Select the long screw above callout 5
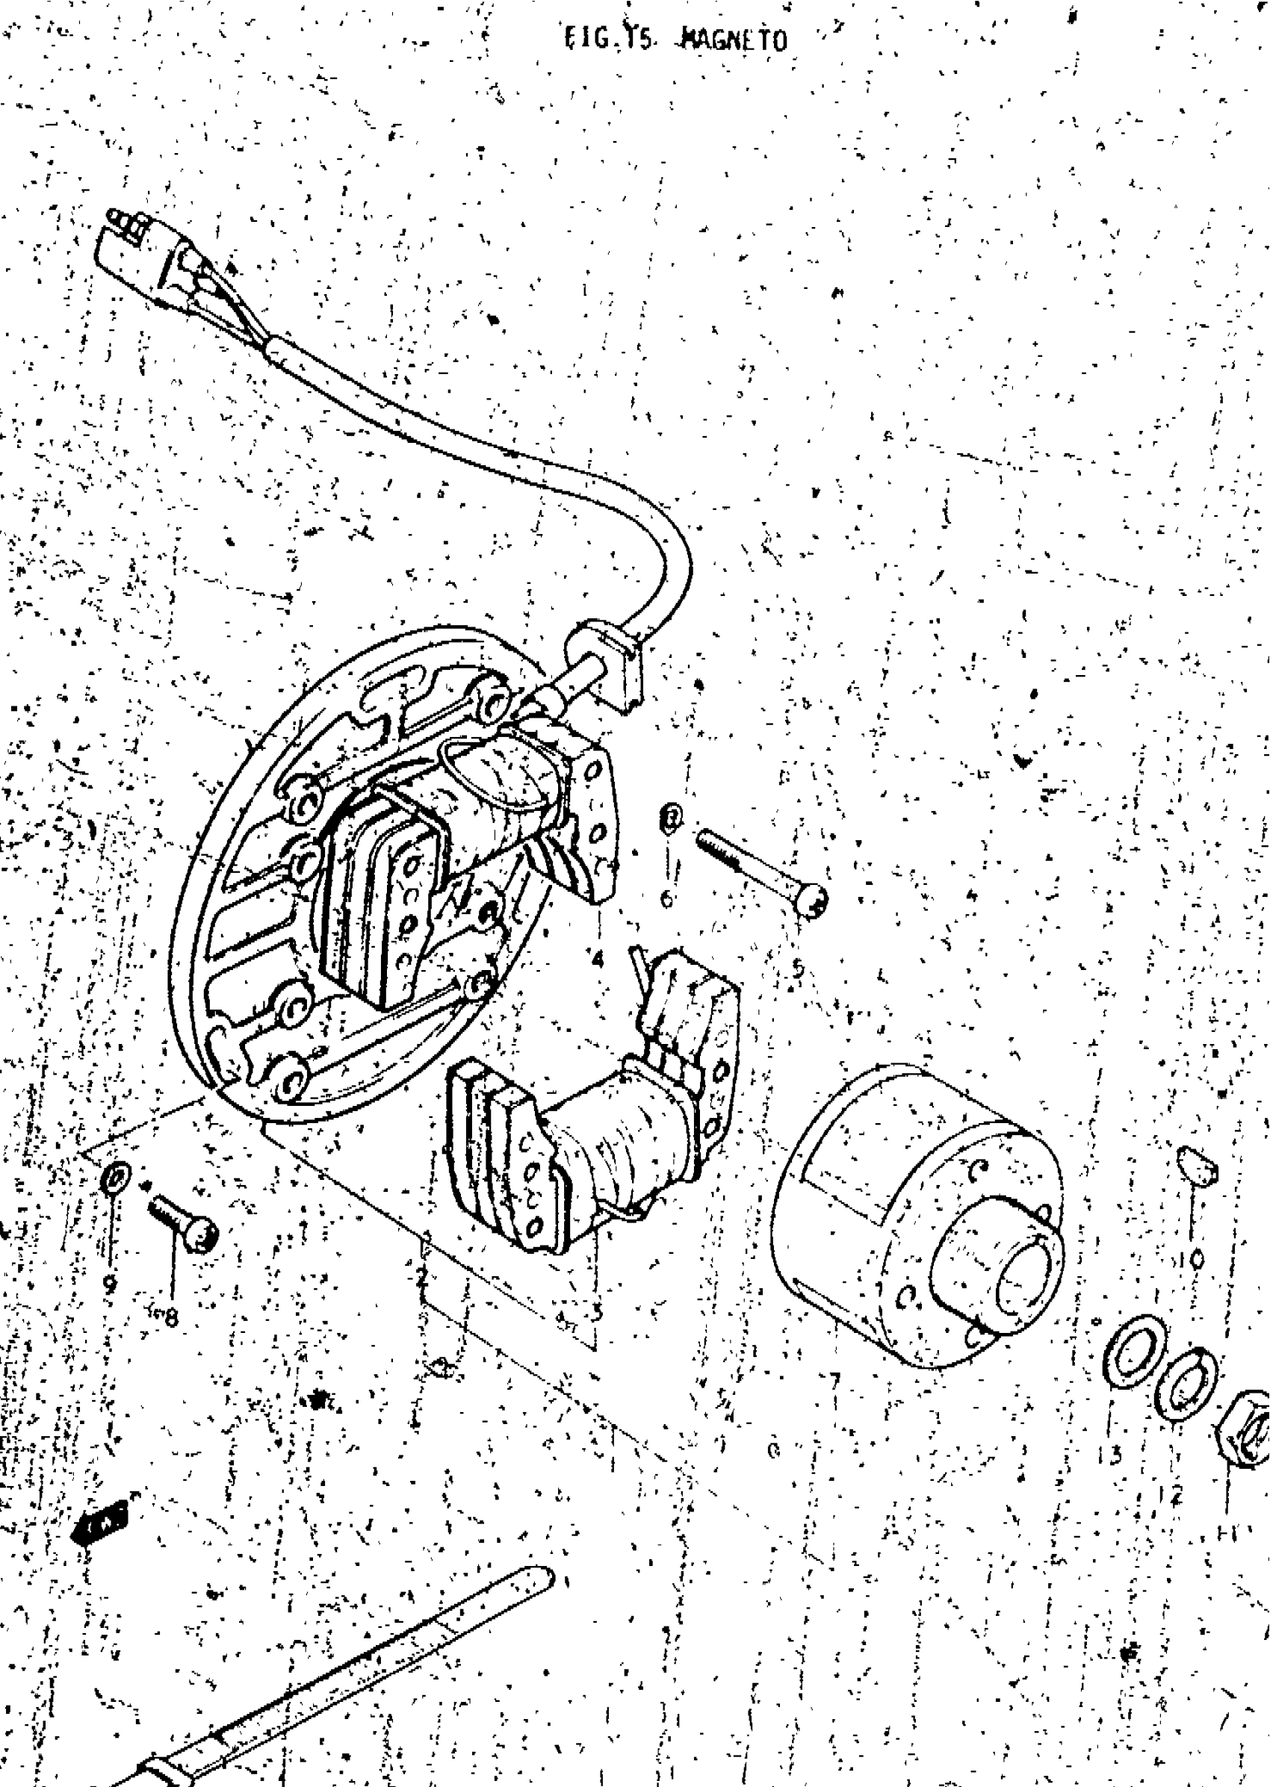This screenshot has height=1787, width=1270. click(759, 871)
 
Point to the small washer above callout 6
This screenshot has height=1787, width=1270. click(670, 816)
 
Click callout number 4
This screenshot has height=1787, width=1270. click(598, 959)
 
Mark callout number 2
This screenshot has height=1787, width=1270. click(422, 1279)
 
